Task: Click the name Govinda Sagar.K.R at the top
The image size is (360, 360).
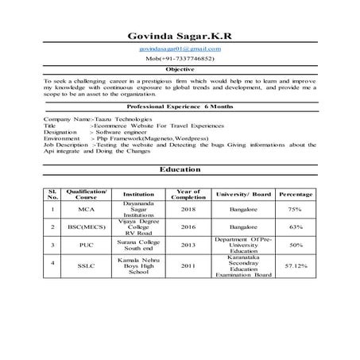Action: pos(179,36)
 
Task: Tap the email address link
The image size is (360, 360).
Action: pos(180,49)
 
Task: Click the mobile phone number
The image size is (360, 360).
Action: pos(180,59)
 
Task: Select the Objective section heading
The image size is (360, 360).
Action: pos(180,70)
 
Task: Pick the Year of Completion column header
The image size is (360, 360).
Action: pos(188,195)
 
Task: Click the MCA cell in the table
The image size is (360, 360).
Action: pos(86,209)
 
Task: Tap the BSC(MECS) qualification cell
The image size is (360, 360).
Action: pos(86,226)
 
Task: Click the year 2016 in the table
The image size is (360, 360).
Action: pos(188,226)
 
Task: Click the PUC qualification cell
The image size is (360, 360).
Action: pos(86,245)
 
